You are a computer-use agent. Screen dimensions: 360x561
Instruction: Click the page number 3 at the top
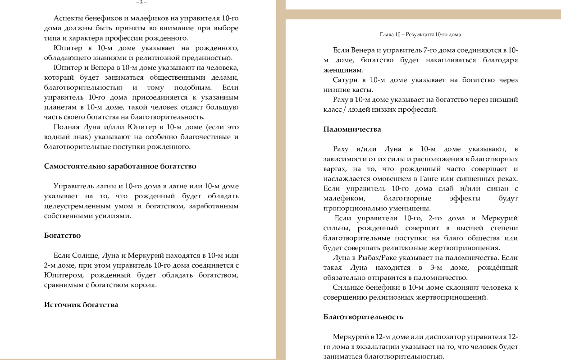tap(141, 2)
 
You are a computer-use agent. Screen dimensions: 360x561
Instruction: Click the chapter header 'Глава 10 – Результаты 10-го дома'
tap(420, 34)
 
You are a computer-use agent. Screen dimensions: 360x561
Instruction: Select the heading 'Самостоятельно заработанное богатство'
tap(120, 166)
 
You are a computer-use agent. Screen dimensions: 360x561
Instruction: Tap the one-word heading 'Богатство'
tap(62, 236)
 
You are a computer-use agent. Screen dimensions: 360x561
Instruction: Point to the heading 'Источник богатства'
tap(81, 305)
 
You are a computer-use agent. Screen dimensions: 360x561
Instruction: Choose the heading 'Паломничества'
tap(352, 129)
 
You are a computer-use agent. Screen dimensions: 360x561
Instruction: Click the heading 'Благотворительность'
tap(363, 317)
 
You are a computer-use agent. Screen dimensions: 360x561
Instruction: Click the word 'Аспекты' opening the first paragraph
tap(68, 18)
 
